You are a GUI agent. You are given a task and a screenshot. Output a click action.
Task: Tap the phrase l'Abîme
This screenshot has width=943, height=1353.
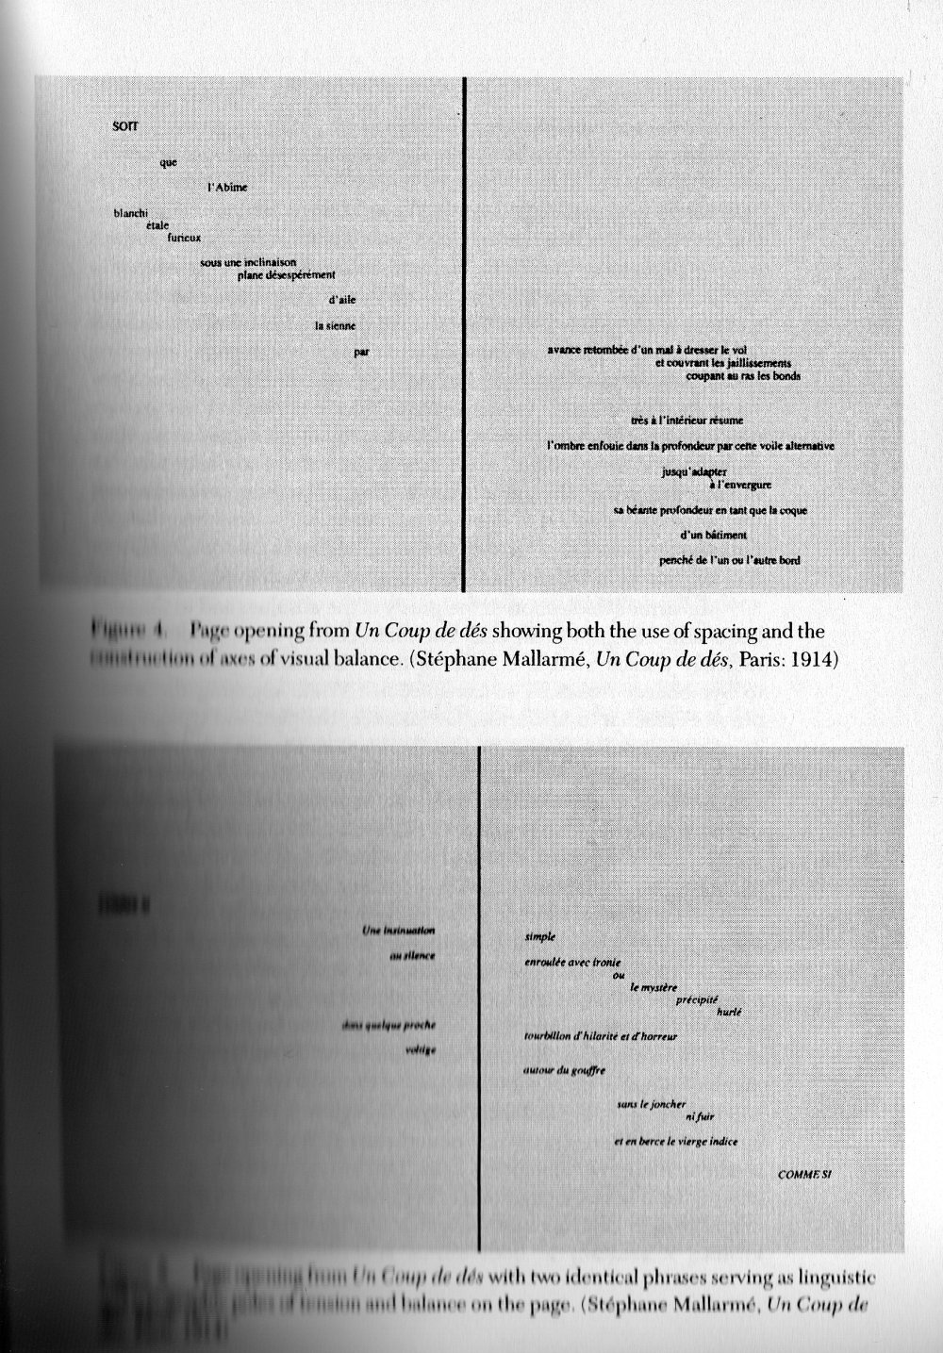(x=226, y=188)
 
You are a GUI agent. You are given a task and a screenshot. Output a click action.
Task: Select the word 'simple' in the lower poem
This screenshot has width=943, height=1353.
(x=539, y=937)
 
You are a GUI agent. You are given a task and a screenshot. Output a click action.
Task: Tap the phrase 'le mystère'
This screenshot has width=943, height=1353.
(x=653, y=986)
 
